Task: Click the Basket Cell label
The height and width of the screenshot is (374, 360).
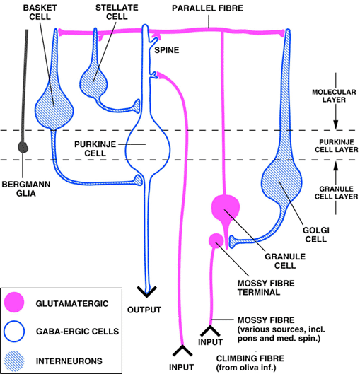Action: coord(40,12)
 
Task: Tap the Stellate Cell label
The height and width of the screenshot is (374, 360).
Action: coord(117,12)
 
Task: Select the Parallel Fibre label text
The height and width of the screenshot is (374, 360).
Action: coord(207,8)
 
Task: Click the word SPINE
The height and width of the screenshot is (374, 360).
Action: coord(167,50)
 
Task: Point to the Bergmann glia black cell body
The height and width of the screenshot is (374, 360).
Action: coord(23,147)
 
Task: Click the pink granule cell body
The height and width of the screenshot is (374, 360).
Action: coord(226,208)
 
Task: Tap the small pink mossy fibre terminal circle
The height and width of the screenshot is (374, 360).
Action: coord(216,240)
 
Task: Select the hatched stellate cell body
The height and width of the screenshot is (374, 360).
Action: coord(94,81)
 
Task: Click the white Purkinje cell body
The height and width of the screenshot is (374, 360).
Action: coord(148,146)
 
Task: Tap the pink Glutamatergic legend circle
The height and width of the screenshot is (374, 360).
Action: coord(14,302)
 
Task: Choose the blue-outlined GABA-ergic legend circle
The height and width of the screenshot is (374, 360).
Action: coord(14,332)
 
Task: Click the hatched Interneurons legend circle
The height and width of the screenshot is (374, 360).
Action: coord(14,361)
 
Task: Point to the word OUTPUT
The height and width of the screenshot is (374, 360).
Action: coord(144,310)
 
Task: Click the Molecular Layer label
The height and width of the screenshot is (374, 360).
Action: coord(334,96)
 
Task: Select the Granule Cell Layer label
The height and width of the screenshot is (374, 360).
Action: coord(336,193)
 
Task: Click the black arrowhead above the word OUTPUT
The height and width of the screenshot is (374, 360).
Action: coord(146,291)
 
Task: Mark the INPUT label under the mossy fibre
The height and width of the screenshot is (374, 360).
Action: coord(210,342)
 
